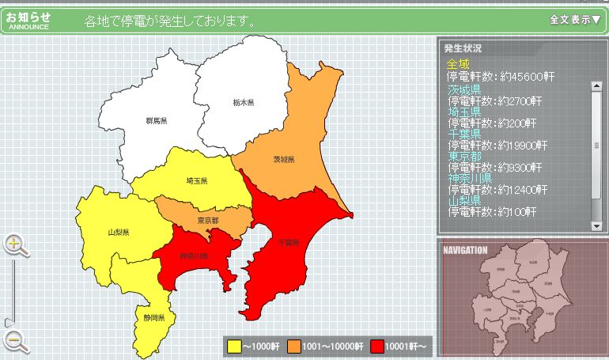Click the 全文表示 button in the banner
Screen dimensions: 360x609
click(574, 20)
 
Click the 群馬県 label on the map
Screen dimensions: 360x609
click(157, 120)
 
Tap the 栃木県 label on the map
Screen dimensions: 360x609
click(243, 103)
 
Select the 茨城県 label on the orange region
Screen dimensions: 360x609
click(284, 160)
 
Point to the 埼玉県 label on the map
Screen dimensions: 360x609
click(197, 181)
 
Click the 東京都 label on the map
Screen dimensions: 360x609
click(208, 220)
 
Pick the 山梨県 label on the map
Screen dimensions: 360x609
click(119, 233)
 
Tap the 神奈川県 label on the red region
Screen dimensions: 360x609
click(194, 256)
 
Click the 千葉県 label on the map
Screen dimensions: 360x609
click(289, 242)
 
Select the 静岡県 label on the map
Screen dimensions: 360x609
click(154, 317)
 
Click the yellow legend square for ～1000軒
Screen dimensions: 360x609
click(234, 346)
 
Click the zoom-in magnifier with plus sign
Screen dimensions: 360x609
click(14, 244)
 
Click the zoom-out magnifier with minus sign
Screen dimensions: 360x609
click(14, 340)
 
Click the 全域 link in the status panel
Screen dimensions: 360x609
click(457, 64)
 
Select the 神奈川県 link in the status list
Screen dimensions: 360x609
click(469, 179)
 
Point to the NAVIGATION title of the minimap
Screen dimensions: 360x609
click(466, 250)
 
